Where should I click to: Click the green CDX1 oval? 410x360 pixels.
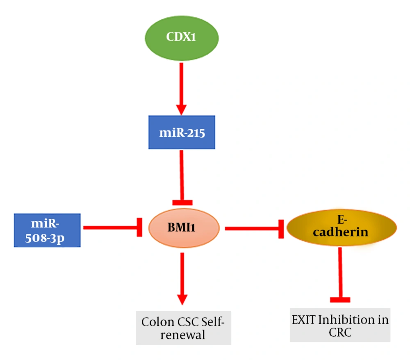182,37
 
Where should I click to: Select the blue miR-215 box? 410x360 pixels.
182,133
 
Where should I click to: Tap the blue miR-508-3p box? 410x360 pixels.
47,230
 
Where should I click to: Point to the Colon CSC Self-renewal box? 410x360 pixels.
183,328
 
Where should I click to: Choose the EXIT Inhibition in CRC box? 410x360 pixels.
340,325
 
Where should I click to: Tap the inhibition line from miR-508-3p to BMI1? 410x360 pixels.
111,227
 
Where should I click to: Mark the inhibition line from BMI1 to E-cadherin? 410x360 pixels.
252,228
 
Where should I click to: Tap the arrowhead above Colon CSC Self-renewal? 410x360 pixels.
182,299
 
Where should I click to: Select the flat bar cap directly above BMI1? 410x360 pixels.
182,202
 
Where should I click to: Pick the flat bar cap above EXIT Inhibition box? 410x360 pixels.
340,300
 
